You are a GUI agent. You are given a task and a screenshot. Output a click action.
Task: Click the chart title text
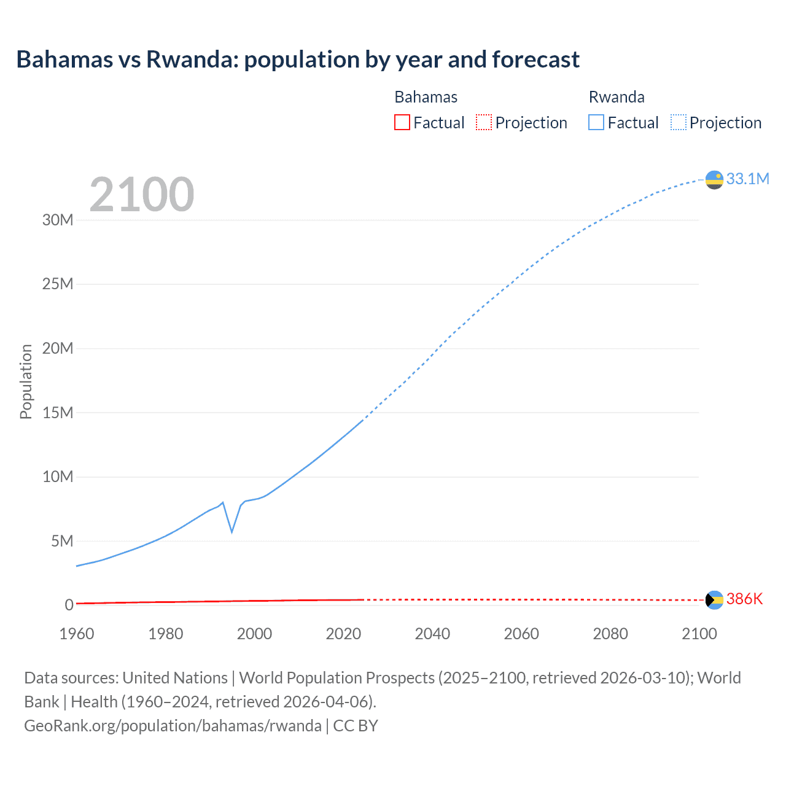pyautogui.click(x=298, y=60)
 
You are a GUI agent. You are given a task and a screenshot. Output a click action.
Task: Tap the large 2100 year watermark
pyautogui.click(x=142, y=195)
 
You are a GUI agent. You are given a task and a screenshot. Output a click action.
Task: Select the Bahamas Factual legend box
pyautogui.click(x=402, y=122)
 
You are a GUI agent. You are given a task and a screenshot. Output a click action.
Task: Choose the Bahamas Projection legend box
pyautogui.click(x=484, y=122)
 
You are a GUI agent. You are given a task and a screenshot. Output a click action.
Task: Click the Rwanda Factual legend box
pyautogui.click(x=596, y=122)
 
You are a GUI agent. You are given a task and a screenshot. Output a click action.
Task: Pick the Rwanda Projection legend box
pyautogui.click(x=678, y=122)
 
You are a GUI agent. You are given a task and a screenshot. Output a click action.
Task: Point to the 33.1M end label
pyautogui.click(x=747, y=179)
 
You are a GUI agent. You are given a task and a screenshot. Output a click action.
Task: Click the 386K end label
pyautogui.click(x=744, y=599)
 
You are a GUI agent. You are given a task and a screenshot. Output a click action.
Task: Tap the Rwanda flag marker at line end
pyautogui.click(x=714, y=180)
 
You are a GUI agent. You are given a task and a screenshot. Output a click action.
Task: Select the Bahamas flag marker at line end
pyautogui.click(x=714, y=600)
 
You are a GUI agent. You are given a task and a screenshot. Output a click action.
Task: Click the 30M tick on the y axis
pyautogui.click(x=58, y=220)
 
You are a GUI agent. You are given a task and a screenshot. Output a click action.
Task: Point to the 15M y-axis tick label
pyautogui.click(x=58, y=413)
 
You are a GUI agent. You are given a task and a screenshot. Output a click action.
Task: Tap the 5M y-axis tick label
pyautogui.click(x=62, y=541)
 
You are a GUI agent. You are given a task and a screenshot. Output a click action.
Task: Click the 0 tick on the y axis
pyautogui.click(x=69, y=605)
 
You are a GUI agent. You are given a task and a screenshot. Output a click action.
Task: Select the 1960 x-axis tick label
pyautogui.click(x=77, y=634)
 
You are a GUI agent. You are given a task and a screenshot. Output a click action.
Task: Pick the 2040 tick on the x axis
pyautogui.click(x=432, y=634)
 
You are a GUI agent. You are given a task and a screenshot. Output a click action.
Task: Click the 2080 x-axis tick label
pyautogui.click(x=610, y=634)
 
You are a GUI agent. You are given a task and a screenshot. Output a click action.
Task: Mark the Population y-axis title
pyautogui.click(x=26, y=381)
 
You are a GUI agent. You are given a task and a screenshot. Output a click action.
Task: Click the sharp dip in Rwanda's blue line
pyautogui.click(x=232, y=531)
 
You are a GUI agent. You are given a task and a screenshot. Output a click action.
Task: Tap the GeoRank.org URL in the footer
pyautogui.click(x=173, y=726)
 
